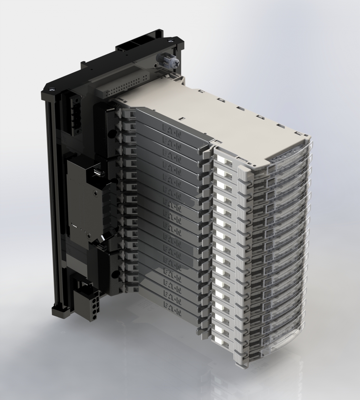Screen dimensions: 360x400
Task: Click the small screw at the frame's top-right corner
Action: (170, 41)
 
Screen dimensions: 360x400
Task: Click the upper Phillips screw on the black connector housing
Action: (95, 193)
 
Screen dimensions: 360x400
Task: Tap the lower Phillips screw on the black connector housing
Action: (88, 236)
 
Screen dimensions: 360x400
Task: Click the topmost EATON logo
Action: (172, 130)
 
